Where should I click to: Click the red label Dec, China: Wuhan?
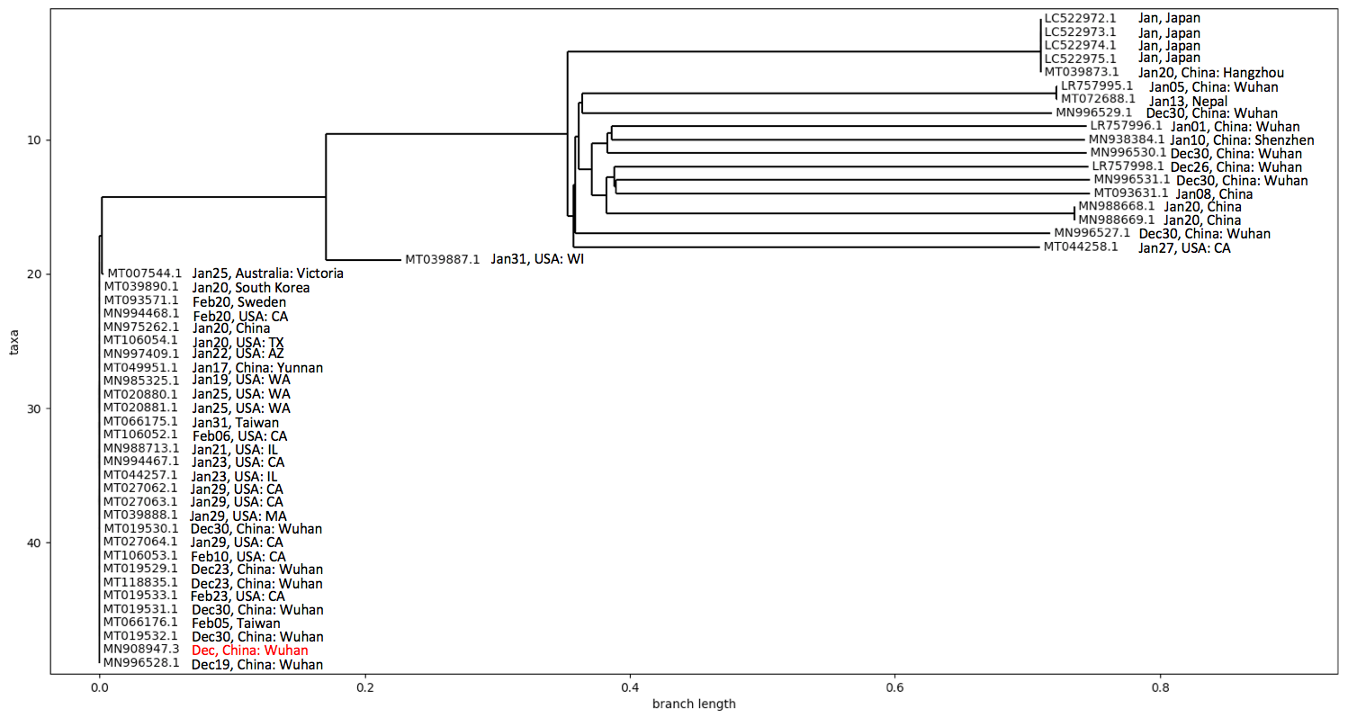click(x=249, y=650)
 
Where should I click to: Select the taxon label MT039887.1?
click(x=443, y=259)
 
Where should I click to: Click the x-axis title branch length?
click(x=694, y=704)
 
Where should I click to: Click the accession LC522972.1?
click(x=1080, y=17)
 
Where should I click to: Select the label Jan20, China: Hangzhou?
click(x=1211, y=73)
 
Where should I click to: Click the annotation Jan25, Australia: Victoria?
click(x=267, y=273)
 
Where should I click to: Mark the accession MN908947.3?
click(x=141, y=649)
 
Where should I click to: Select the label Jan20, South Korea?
click(x=251, y=288)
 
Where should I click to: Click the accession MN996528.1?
click(x=141, y=663)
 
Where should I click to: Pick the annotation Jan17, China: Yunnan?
click(x=257, y=368)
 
